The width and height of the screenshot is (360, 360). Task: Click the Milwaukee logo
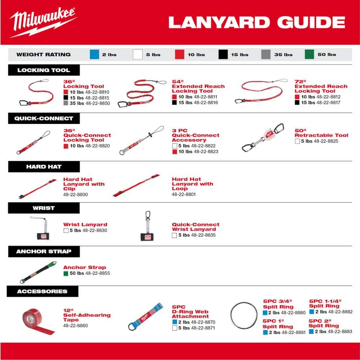coord(42,22)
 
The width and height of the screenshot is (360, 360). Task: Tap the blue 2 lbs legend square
coord(94,54)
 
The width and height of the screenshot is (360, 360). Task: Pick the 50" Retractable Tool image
coord(263,139)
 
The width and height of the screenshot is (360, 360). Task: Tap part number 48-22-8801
coord(184,194)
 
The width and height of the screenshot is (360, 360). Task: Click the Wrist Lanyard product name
coord(85,225)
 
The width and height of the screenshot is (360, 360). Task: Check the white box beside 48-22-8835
coord(174,235)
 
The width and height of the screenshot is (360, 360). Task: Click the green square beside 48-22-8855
coord(66,274)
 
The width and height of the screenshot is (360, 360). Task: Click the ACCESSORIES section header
coord(42,291)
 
